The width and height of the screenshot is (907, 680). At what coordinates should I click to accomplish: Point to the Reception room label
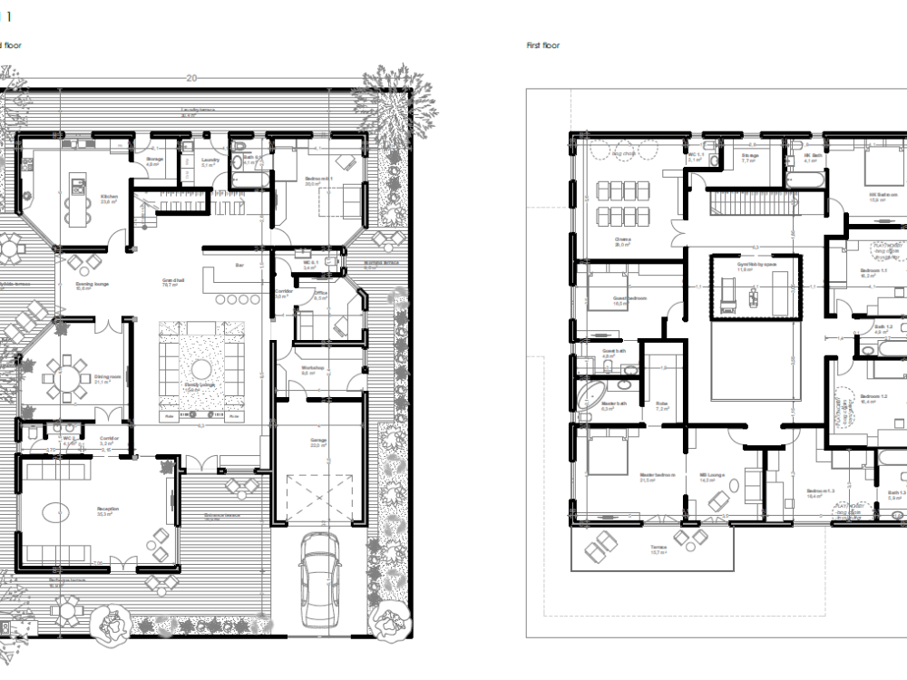[108, 510]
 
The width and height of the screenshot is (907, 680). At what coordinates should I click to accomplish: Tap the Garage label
[317, 441]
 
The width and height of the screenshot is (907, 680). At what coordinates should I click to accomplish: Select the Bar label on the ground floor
[240, 266]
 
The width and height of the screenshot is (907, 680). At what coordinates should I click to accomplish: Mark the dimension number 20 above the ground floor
[190, 79]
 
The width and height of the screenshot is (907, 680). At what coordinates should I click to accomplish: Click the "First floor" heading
[543, 45]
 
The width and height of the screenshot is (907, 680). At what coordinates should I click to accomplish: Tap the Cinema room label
[622, 240]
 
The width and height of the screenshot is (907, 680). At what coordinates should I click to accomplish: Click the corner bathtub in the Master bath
[589, 393]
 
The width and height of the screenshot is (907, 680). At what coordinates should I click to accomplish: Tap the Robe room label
[663, 404]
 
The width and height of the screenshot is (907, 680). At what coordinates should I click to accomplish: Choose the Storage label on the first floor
[749, 156]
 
